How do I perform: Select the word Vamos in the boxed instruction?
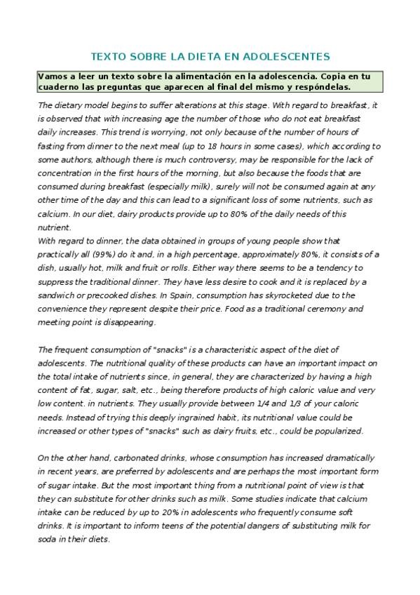52,76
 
